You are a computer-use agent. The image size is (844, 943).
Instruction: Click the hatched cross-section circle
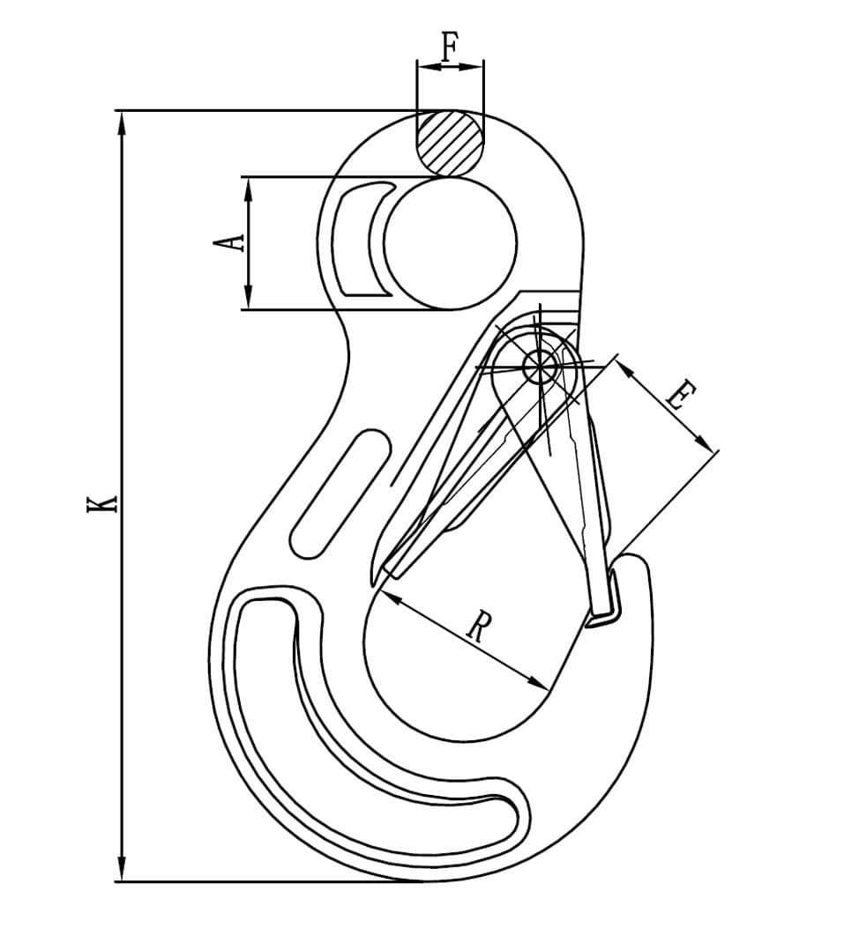(x=451, y=143)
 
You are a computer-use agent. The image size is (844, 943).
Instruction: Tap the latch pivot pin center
(x=541, y=365)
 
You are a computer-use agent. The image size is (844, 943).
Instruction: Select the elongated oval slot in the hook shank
(x=340, y=493)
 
